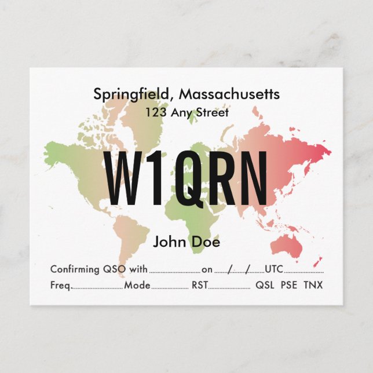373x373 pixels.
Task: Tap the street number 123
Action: point(155,112)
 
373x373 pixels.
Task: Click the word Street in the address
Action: point(213,112)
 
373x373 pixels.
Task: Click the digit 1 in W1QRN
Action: point(155,178)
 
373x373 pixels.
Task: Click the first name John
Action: point(169,242)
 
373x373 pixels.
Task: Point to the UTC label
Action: point(273,269)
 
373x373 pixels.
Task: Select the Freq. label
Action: point(61,285)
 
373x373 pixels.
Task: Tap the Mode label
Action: point(137,285)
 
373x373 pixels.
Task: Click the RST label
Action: point(199,285)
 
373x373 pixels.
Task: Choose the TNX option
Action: point(313,285)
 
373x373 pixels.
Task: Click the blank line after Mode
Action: point(170,287)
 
